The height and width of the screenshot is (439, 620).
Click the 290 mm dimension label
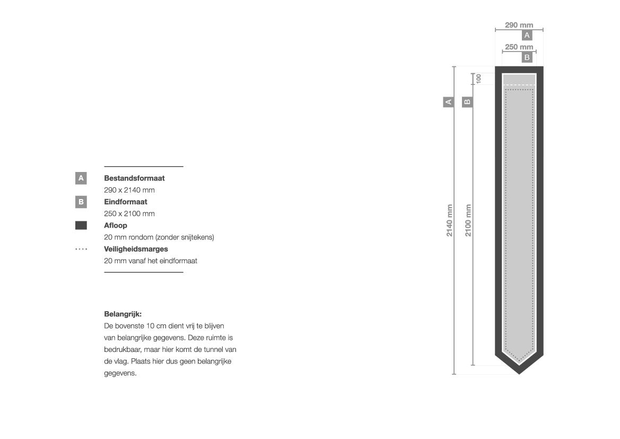519,25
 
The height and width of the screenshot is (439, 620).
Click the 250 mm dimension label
519,47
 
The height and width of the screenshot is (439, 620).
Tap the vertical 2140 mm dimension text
450,220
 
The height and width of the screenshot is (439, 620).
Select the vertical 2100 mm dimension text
468,220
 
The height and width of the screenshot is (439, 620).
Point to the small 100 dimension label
478,79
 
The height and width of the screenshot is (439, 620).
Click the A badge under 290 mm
527,35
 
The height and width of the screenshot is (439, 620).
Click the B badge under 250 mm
527,57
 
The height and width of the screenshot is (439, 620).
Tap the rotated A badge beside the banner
448,102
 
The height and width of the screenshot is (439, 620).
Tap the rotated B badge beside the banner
467,102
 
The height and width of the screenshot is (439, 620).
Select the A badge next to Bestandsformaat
81,178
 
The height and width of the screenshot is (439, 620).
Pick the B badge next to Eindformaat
81,202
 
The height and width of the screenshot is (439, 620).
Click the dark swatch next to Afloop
81,226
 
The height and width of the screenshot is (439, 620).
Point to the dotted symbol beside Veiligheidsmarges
81,249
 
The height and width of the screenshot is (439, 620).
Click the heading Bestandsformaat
134,178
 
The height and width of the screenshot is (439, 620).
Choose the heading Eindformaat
126,202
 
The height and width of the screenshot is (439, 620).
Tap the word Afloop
116,226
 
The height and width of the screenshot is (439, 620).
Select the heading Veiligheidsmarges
136,249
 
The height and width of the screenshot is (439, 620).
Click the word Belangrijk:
123,314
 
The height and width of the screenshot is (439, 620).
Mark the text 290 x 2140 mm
129,190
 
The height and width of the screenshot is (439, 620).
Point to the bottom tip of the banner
519,374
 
